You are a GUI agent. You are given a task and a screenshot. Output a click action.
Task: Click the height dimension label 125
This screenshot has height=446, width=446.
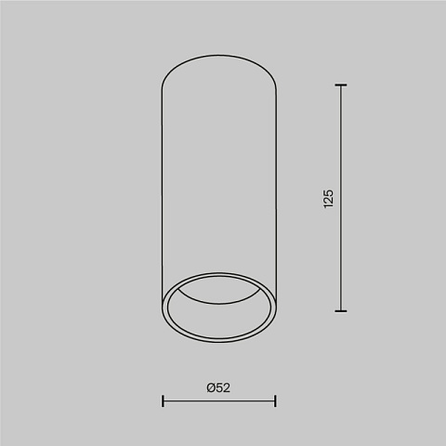(x=328, y=199)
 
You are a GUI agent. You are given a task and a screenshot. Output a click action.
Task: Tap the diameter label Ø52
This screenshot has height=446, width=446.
(x=218, y=387)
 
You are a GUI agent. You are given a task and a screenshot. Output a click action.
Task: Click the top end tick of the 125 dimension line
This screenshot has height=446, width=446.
(x=341, y=85)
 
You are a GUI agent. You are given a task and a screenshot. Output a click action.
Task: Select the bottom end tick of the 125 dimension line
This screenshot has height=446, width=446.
(x=341, y=311)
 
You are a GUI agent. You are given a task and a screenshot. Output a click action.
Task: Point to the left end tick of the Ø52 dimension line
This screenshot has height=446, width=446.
(x=163, y=400)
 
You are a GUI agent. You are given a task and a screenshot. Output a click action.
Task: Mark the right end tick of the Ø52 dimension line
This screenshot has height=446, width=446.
(x=275, y=400)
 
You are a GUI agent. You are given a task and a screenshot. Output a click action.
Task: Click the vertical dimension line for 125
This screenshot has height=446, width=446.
(x=341, y=198)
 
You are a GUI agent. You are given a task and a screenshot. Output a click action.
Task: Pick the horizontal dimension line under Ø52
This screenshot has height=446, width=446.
(x=218, y=400)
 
